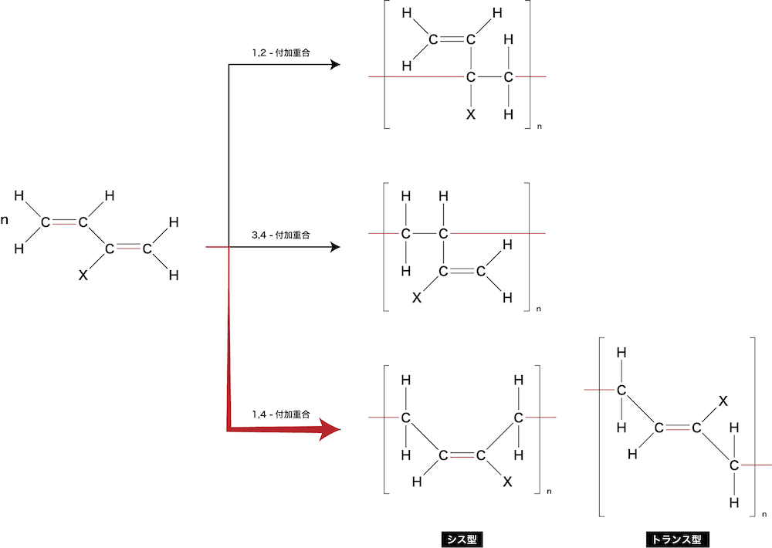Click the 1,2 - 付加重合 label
pos(281,52)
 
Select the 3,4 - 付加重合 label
pos(281,235)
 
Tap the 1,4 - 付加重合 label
pos(281,414)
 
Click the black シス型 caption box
pos(462,540)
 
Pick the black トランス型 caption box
pos(677,540)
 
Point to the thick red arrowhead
pos(330,429)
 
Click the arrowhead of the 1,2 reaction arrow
pos(335,65)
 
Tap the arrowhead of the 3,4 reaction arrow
pos(335,247)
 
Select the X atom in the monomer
pos(83,276)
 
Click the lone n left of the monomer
pos(5,220)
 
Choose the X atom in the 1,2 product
pos(471,114)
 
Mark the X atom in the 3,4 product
pos(417,297)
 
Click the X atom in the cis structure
pos(508,482)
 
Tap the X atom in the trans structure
pos(723,401)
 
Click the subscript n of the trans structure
pos(764,515)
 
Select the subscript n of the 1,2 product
pos(540,127)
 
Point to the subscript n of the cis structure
pos(550,492)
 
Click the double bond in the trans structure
pos(678,428)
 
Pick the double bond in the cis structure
pos(462,455)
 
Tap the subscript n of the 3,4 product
pos(539,310)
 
